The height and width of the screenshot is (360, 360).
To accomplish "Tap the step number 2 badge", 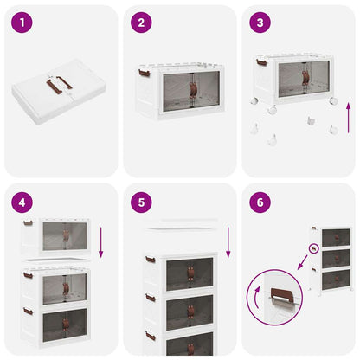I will coord(141,22).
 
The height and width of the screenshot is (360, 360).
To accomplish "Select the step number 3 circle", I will coord(259,22).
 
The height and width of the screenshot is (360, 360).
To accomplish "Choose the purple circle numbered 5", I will coord(141,205).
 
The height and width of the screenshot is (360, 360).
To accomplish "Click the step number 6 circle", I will coord(259,205).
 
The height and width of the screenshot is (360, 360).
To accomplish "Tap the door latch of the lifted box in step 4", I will coord(65,235).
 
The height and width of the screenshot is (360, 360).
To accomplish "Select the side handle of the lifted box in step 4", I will coord(28,223).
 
